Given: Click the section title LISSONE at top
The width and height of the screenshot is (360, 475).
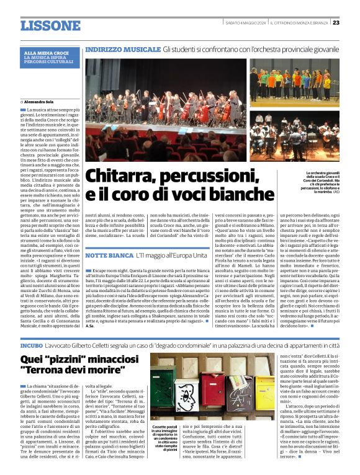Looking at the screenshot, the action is pyautogui.click(x=50, y=25).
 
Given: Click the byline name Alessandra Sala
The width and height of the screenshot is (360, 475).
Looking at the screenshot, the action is pyautogui.click(x=39, y=100).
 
